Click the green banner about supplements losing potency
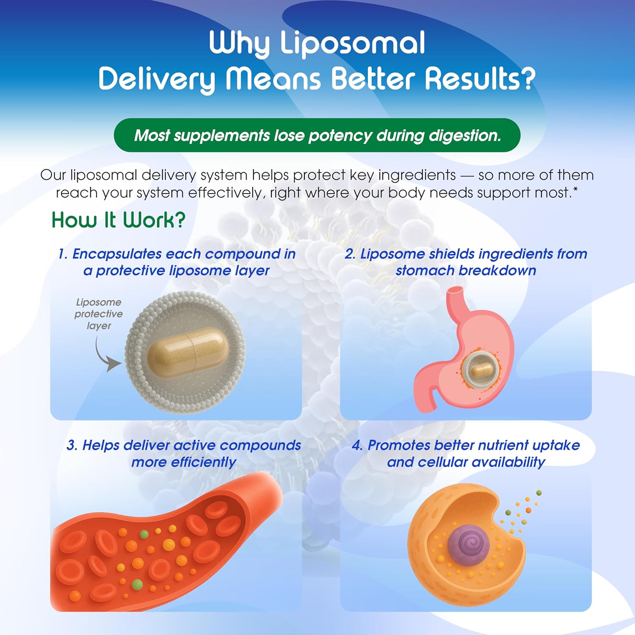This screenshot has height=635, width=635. (317, 135)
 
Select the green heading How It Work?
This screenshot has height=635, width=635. (119, 220)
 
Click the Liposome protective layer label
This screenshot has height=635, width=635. (99, 314)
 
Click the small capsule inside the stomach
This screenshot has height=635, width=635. (481, 369)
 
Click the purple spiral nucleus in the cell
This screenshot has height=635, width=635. (469, 541)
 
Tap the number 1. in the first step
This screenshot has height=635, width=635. (63, 254)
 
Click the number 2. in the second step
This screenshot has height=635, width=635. (350, 254)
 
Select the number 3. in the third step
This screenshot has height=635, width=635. (72, 445)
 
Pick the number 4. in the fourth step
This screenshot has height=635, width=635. (358, 445)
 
